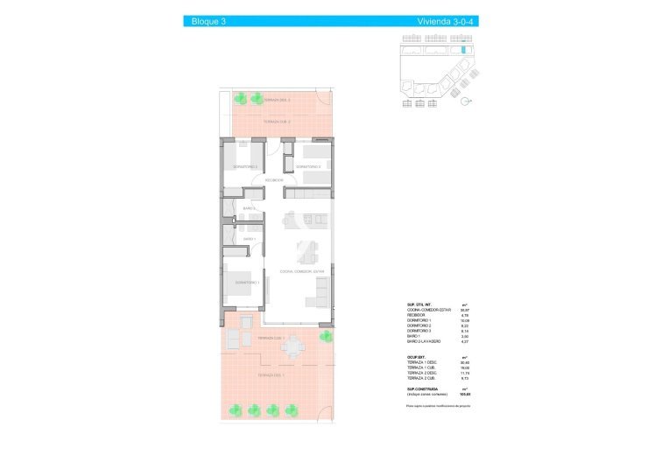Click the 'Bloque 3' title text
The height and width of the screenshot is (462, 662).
pos(209,21)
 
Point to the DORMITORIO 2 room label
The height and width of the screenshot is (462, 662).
pos(308,166)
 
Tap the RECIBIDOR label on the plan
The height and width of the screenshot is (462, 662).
pos(274,180)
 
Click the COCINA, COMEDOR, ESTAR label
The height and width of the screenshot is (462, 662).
pos(301,272)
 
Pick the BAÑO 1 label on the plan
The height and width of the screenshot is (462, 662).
pos(249,239)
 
